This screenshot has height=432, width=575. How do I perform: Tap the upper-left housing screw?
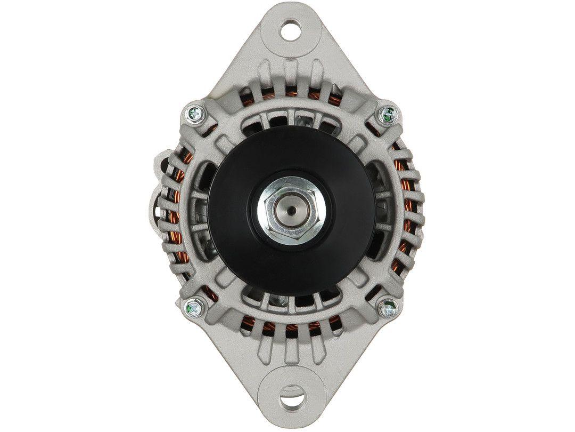(x=193, y=113)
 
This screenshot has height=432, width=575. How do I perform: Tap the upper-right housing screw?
(x=387, y=113)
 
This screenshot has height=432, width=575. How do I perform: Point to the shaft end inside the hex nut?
(x=290, y=209)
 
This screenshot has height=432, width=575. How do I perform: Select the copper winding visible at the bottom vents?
(x=290, y=329)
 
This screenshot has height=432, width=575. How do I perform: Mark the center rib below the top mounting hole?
(x=290, y=72)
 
